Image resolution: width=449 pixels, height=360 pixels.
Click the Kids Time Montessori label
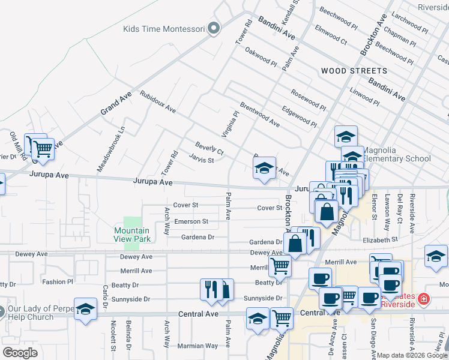point(164,29)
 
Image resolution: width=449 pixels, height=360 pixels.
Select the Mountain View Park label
point(132,235)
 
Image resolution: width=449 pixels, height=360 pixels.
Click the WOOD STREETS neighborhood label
point(354,71)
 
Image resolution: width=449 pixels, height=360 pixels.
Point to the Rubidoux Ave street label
point(158,101)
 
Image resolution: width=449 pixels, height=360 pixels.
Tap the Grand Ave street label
point(112,103)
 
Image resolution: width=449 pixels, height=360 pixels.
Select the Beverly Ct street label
point(209,148)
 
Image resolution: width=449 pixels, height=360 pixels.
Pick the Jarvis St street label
point(201,160)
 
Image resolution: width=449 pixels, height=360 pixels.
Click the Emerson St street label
point(191,221)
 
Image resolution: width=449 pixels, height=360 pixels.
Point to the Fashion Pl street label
point(57,281)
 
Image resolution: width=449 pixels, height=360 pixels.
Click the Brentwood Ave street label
point(259,114)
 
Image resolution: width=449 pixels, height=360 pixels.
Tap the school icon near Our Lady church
point(86,310)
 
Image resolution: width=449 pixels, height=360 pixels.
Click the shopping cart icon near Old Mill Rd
point(41,147)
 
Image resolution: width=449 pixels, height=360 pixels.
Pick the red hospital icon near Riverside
point(424,298)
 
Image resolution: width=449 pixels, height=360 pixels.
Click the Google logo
point(20,353)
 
